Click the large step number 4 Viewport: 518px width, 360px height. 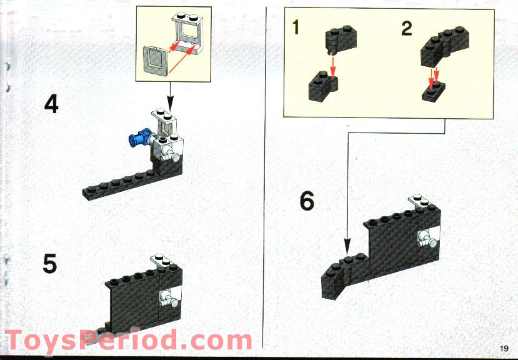[x=51, y=104]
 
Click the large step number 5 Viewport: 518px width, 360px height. [x=50, y=264]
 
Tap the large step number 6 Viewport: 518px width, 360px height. [x=307, y=202]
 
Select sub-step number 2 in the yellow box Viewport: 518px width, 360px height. [x=407, y=29]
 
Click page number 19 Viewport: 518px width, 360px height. [x=504, y=349]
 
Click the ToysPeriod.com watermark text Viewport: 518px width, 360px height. [x=128, y=341]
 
